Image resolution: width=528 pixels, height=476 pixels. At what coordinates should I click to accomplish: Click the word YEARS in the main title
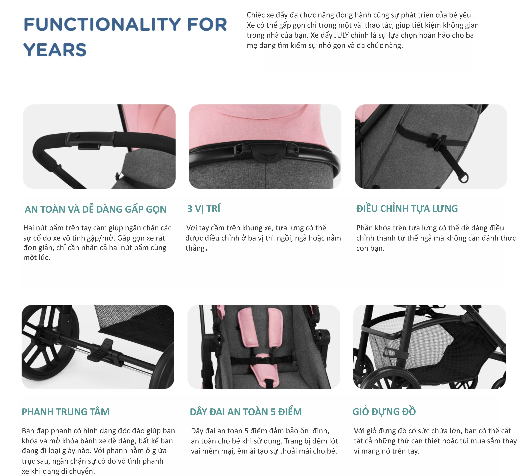click(x=55, y=50)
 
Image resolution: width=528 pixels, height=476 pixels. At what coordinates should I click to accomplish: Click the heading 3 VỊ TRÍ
click(x=204, y=209)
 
